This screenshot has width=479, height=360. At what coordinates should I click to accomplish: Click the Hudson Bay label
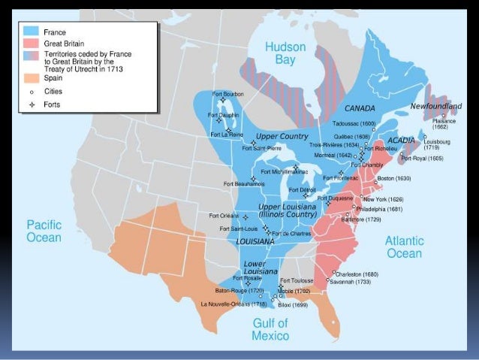click(x=286, y=55)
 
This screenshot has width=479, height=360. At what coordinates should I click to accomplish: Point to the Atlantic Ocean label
click(x=404, y=247)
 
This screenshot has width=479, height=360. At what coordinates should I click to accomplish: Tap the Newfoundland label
click(x=435, y=106)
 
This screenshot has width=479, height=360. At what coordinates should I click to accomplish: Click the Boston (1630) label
click(x=394, y=178)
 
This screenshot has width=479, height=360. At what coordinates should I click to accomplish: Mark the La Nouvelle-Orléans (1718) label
click(x=233, y=304)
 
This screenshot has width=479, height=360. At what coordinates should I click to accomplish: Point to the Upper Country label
click(x=282, y=136)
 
